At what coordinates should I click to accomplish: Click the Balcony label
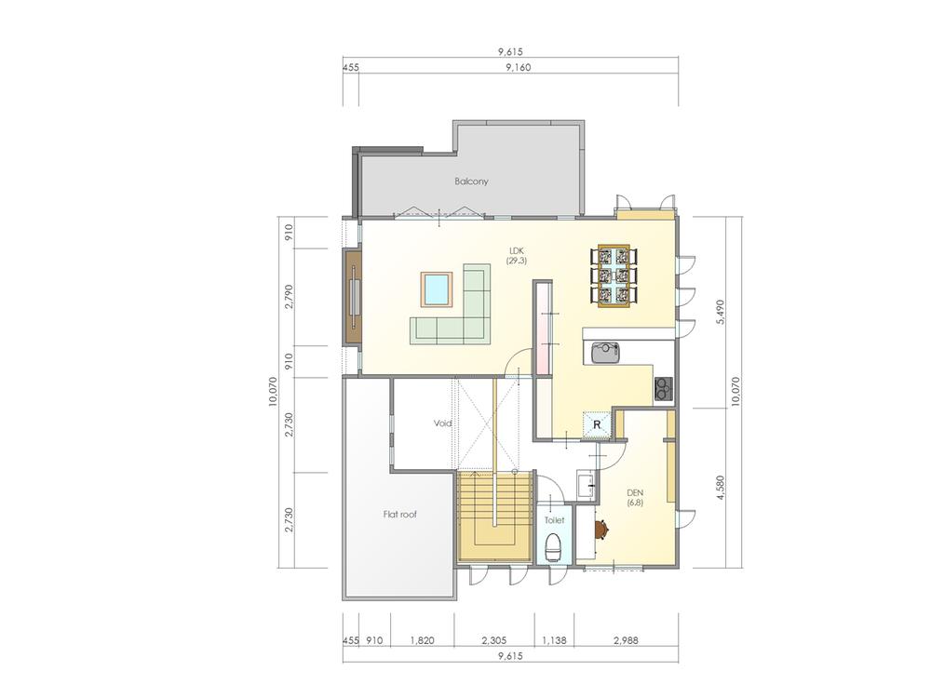click(471, 181)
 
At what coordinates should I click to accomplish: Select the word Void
click(442, 423)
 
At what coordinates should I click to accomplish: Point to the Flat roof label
click(398, 513)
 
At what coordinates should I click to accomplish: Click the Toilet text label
click(553, 521)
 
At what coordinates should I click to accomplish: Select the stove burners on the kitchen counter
click(663, 387)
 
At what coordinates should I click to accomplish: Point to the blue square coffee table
click(437, 289)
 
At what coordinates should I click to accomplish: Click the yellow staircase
click(493, 517)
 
